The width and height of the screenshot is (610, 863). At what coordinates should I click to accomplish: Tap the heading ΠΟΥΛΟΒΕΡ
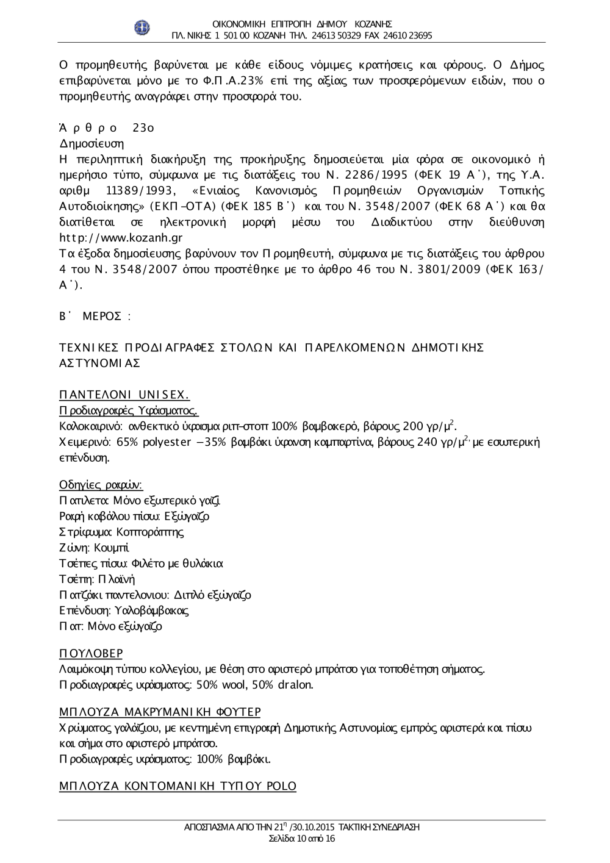coord(91,653)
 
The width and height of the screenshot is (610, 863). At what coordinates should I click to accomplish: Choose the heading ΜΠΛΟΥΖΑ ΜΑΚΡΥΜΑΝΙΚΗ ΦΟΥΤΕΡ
coord(160,712)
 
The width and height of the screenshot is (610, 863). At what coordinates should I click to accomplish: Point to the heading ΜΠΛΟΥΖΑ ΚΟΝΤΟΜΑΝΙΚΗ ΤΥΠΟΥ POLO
coord(178,786)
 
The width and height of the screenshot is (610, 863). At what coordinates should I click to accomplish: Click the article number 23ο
coord(143,128)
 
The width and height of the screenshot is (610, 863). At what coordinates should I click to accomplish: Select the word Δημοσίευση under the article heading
coord(91,144)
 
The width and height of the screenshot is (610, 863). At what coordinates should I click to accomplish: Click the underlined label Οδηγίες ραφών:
coord(101,485)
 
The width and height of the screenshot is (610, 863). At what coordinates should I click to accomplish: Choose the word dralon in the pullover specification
coord(295,685)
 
